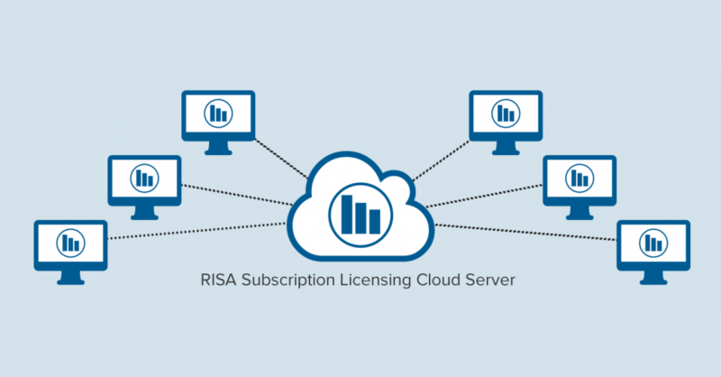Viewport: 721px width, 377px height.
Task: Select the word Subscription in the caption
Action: click(x=287, y=280)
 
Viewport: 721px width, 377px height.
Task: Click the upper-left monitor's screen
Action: click(x=217, y=113)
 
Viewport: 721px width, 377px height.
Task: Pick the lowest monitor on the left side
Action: click(x=70, y=243)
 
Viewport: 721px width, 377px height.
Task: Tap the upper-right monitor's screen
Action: click(x=505, y=113)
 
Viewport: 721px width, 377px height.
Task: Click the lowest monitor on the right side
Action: click(x=653, y=243)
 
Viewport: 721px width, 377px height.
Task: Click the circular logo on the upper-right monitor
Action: click(x=505, y=113)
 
